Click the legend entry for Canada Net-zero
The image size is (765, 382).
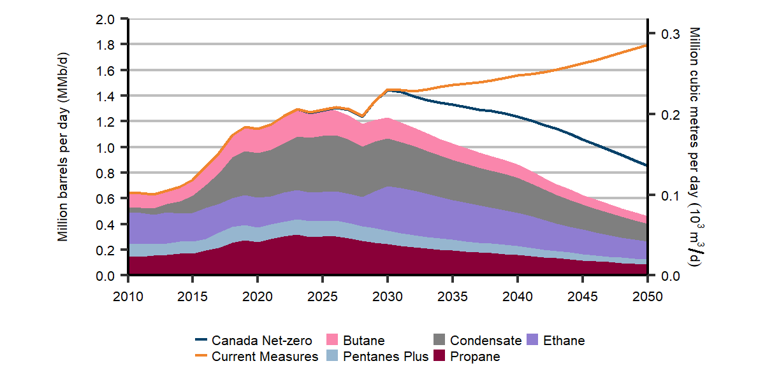(256, 341)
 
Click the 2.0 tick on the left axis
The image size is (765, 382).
(106, 19)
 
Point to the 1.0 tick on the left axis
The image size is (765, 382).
(106, 148)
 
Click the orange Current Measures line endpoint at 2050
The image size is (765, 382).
(646, 45)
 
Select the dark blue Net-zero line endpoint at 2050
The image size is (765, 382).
(646, 166)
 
